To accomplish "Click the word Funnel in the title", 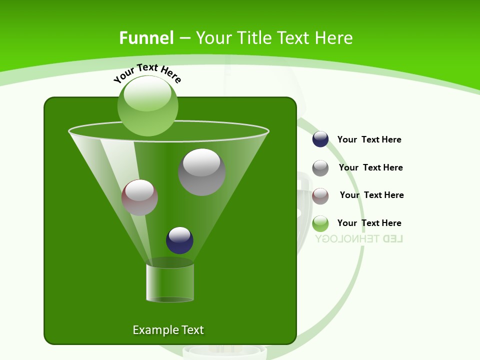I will click(x=146, y=38).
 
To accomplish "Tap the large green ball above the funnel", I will click(x=147, y=105).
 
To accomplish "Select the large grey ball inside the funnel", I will click(x=201, y=172).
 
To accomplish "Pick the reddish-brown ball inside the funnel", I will click(x=140, y=197).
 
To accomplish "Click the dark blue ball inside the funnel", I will click(x=179, y=240).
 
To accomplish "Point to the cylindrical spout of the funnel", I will click(x=170, y=282).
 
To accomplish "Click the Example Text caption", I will click(x=168, y=330).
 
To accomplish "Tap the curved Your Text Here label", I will click(x=147, y=72).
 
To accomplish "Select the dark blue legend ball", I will click(x=320, y=139).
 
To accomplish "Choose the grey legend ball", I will click(x=320, y=168).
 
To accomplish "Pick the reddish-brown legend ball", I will click(x=320, y=196).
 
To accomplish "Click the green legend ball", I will click(x=320, y=223).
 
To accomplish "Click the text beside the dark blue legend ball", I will click(x=369, y=140).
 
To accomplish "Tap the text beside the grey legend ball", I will click(x=370, y=168).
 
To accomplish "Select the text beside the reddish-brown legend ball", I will click(x=371, y=195).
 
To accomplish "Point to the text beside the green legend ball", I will click(x=369, y=223).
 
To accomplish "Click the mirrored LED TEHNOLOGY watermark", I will click(x=359, y=238).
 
